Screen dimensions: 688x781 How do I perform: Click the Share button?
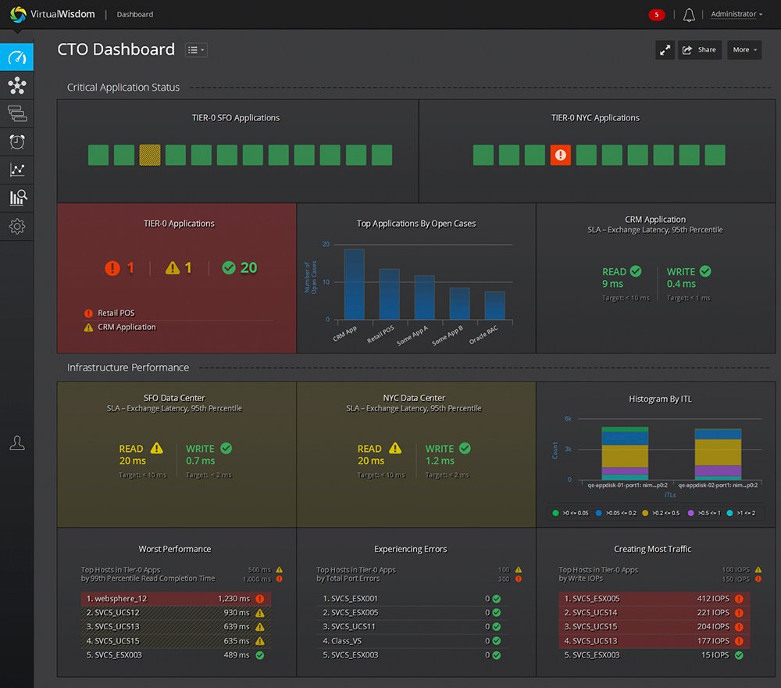699,50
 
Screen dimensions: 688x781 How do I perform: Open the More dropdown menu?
744,50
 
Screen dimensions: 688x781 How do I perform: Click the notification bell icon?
689,15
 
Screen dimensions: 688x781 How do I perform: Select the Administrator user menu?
736,14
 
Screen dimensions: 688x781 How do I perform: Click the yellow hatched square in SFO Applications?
149,155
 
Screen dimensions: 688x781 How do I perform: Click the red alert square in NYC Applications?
560,155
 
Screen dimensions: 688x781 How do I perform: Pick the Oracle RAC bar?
494,306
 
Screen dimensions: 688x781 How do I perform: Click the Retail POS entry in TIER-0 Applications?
116,314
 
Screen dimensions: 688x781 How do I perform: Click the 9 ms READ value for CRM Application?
612,284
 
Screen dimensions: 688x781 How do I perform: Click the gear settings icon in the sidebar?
17,227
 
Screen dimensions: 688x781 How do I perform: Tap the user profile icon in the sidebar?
17,443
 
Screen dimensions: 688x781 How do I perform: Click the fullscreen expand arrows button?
665,50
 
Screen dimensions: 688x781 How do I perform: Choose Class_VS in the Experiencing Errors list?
347,641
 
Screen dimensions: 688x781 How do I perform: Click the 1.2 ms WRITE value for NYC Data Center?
440,461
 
